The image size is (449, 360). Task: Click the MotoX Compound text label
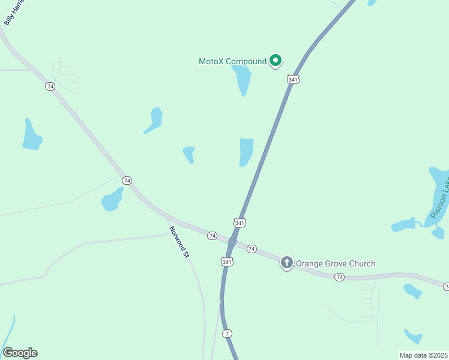[232, 61]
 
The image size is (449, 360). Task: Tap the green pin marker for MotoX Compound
[276, 60]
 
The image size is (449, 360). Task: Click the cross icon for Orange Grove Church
[287, 262]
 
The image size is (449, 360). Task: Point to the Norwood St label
[179, 242]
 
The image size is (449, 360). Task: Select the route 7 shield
[227, 333]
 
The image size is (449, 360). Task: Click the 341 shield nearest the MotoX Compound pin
[293, 79]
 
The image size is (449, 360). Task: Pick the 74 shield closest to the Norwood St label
[212, 236]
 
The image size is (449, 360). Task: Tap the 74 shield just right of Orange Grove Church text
[340, 277]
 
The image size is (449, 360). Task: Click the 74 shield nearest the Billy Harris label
[50, 86]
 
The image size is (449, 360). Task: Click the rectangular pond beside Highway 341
[246, 151]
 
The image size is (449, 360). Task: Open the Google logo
[20, 353]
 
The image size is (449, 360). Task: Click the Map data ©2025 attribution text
[423, 355]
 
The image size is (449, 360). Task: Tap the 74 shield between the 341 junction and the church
[252, 248]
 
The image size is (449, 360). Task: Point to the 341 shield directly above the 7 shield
[227, 262]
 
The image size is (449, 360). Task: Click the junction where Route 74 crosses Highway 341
[232, 242]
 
